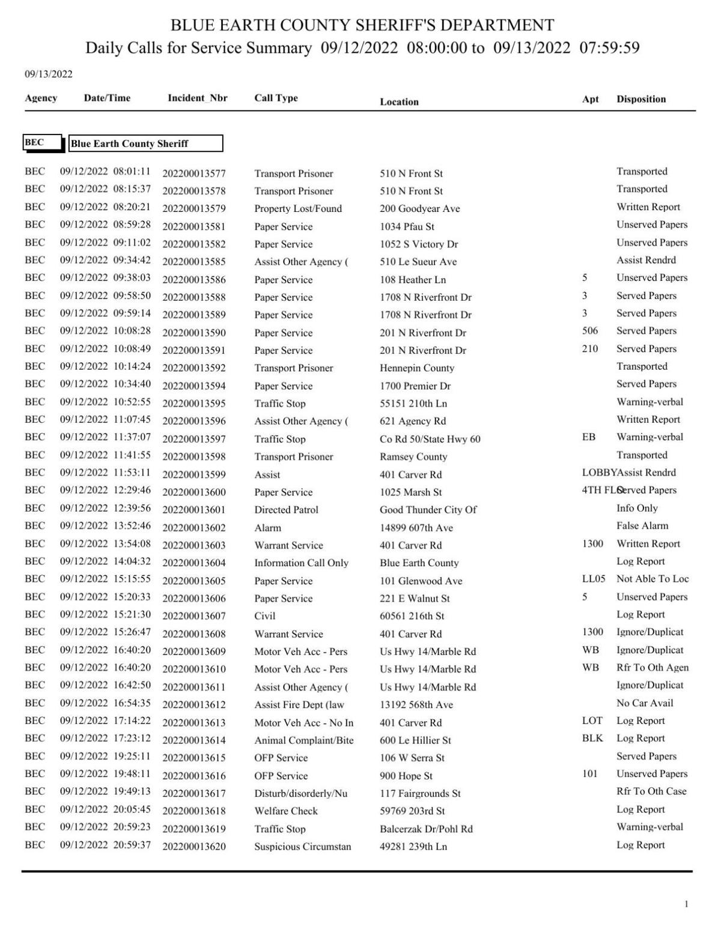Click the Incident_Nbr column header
point(197,98)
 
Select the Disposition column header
point(640,99)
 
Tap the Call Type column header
point(276,98)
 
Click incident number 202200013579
point(194,209)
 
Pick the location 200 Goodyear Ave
point(419,209)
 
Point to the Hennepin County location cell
point(416,368)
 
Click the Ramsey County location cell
point(413,456)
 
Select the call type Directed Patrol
point(286,510)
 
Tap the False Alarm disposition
point(642,525)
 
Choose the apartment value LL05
point(593,579)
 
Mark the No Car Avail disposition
point(644,702)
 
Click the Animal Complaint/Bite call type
point(303,740)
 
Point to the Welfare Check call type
point(285,811)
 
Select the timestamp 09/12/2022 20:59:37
point(105,845)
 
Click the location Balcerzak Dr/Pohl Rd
point(426,829)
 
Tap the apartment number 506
point(589,331)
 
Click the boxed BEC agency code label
point(35,142)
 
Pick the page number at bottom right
point(686,904)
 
